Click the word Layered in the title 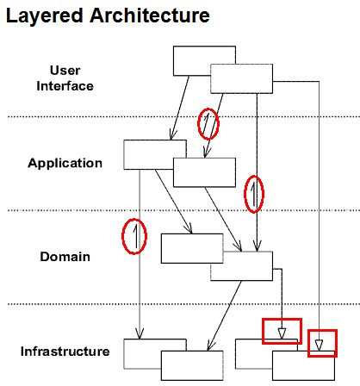click(x=45, y=16)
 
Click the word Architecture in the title click(x=150, y=15)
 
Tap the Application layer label click(x=65, y=164)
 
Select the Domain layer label click(x=65, y=257)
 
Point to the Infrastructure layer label click(x=65, y=352)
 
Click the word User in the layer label click(x=65, y=71)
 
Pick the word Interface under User click(x=65, y=86)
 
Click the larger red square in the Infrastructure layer click(x=282, y=319)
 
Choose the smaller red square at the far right click(x=322, y=330)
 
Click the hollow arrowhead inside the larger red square click(x=282, y=333)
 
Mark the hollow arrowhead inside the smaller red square click(x=319, y=346)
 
